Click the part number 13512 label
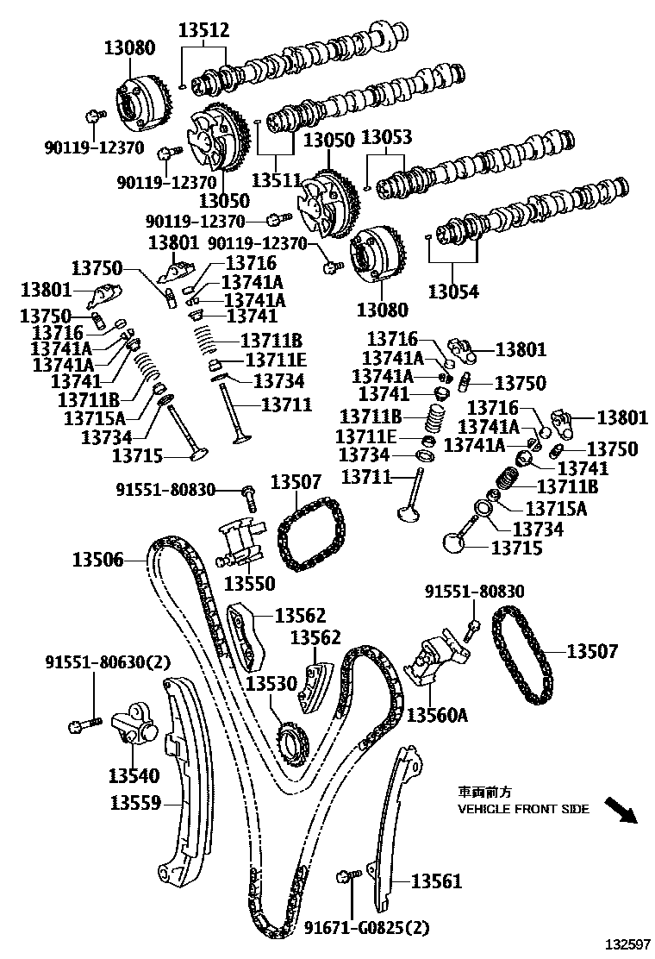click(203, 31)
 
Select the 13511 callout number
click(276, 181)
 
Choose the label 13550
click(249, 584)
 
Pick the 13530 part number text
click(271, 683)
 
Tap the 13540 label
click(134, 774)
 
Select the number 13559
click(135, 803)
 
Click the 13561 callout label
click(436, 881)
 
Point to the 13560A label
click(437, 715)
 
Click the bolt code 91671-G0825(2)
click(366, 928)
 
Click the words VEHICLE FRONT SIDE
click(523, 809)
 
